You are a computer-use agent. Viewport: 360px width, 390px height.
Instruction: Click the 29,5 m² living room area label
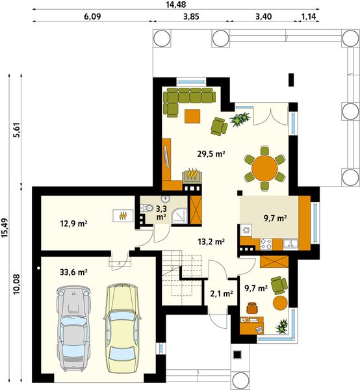tap(211, 154)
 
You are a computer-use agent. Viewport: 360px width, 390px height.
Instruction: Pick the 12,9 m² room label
tap(74, 224)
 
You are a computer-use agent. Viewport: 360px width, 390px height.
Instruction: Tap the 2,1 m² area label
tap(221, 294)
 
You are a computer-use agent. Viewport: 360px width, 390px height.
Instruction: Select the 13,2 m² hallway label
tap(211, 241)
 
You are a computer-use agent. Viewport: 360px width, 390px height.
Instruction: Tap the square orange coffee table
tap(192, 116)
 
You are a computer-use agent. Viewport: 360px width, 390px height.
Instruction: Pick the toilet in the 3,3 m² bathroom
tap(148, 208)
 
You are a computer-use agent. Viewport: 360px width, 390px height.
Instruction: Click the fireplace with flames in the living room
tap(192, 176)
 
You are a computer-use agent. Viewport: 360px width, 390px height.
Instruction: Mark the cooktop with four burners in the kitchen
tap(266, 244)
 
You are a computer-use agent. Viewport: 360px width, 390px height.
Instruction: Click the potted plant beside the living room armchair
tap(242, 118)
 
